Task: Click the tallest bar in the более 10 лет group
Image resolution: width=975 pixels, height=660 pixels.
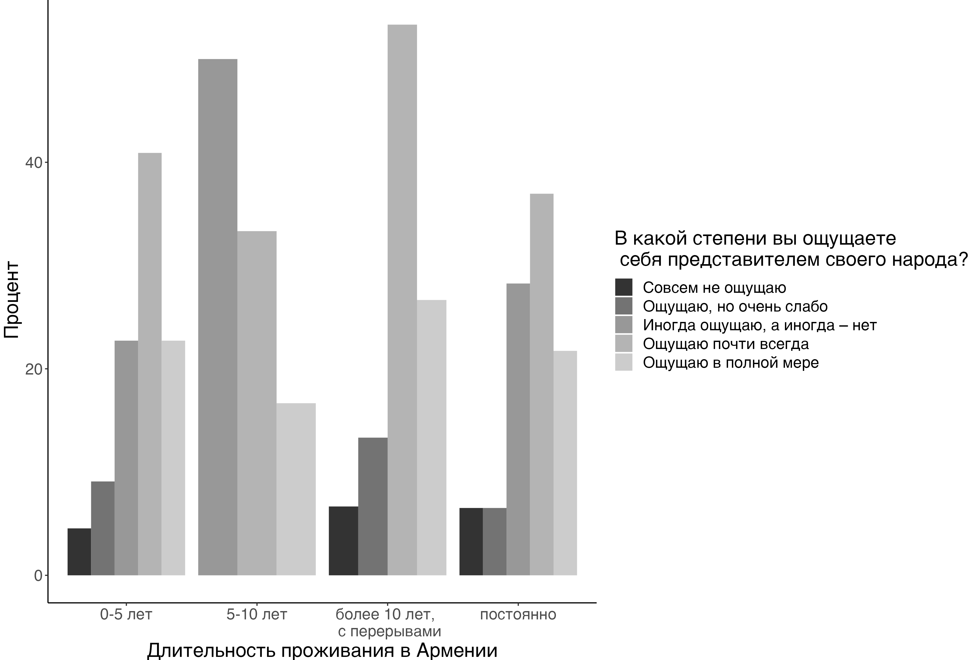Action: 402,300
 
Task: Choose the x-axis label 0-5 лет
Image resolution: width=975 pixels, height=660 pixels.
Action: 126,615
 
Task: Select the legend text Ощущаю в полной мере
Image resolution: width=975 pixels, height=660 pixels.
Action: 730,362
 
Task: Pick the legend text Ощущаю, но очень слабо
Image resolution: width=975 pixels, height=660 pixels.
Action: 735,307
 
